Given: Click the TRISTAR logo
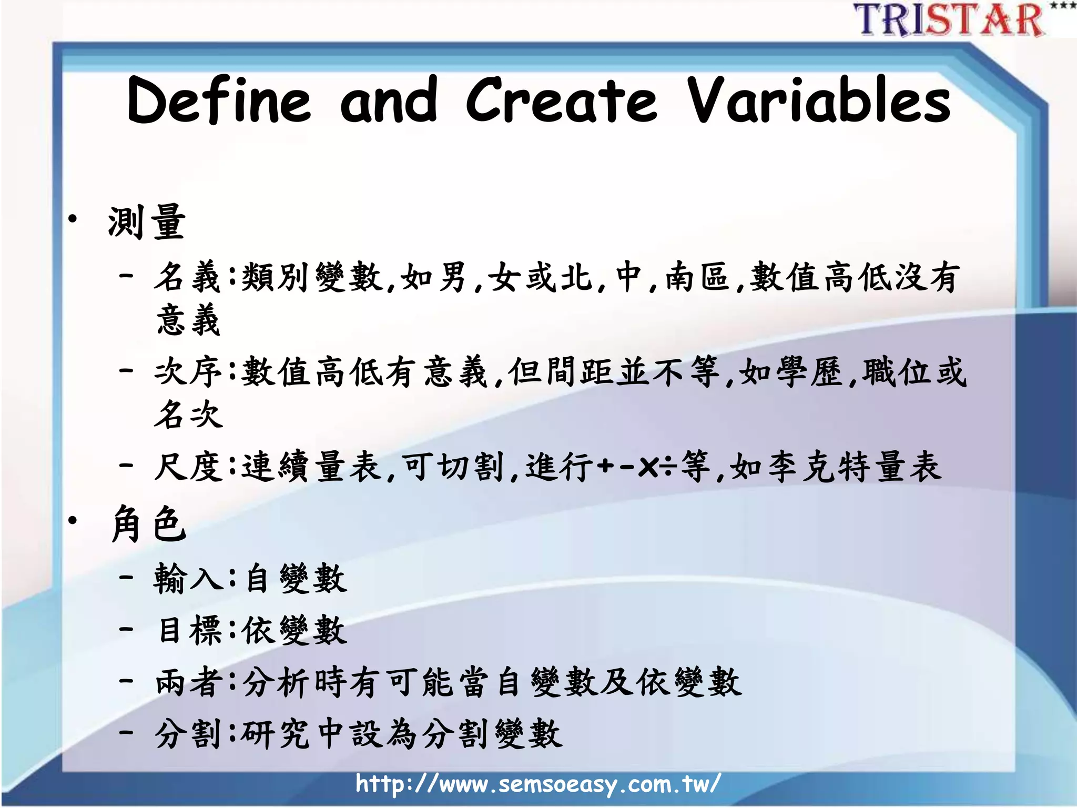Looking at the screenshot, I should point(949,20).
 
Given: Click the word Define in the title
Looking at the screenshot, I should point(219,100).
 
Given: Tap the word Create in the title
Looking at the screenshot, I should point(562,100).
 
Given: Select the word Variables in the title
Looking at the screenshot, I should point(820,100).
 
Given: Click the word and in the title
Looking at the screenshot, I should point(389,100).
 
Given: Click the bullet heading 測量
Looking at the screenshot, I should point(147,222).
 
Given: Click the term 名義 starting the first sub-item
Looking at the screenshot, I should point(187,277).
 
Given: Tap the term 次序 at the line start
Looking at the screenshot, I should point(188,372).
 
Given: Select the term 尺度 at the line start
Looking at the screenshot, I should point(188,467).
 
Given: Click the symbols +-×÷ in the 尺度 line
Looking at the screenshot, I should point(636,467).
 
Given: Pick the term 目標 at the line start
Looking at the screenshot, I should point(189,630).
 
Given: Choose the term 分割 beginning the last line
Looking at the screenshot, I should point(188,734).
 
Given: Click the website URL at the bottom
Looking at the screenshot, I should point(537,784).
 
